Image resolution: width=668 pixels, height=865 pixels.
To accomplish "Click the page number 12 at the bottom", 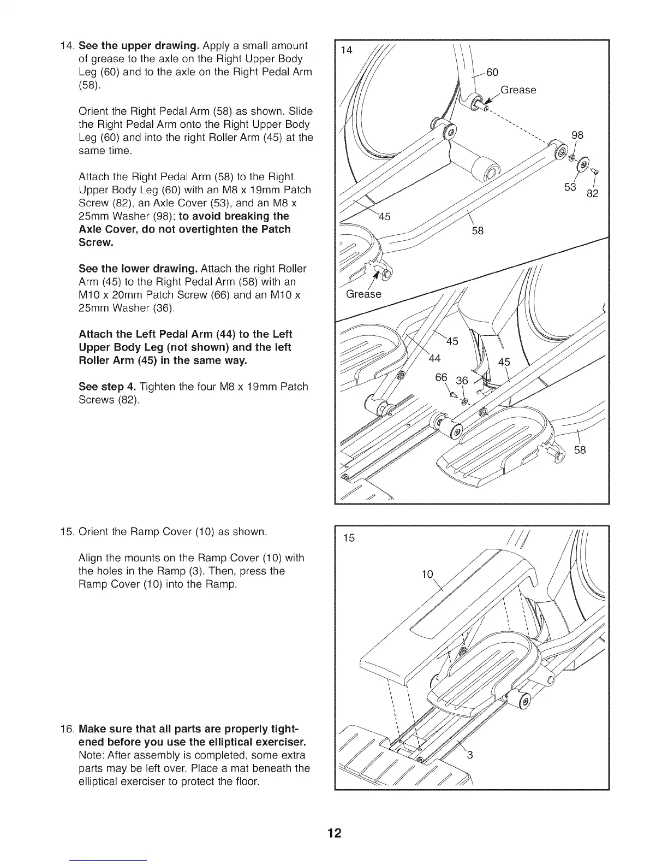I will pyautogui.click(x=334, y=833).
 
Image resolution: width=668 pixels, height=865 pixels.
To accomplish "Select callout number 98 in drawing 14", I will pyautogui.click(x=577, y=135).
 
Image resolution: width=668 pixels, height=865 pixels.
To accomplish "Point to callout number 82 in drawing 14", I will pyautogui.click(x=592, y=194).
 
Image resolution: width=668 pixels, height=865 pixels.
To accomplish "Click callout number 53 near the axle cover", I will pyautogui.click(x=571, y=188).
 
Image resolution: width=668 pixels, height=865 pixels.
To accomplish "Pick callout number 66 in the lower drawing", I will pyautogui.click(x=441, y=378).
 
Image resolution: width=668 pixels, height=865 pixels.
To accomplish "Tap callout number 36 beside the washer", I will pyautogui.click(x=462, y=381).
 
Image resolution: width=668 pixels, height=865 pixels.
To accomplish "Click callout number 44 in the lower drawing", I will pyautogui.click(x=434, y=359).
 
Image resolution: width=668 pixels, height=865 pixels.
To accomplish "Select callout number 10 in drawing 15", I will pyautogui.click(x=427, y=574).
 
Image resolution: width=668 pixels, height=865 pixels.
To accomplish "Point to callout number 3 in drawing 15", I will pyautogui.click(x=469, y=756).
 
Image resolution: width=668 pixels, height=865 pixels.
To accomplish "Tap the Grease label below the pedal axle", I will pyautogui.click(x=364, y=294).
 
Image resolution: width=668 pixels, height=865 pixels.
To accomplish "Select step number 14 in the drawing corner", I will pyautogui.click(x=346, y=51).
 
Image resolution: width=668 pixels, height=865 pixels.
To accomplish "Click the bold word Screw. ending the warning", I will pyautogui.click(x=96, y=242).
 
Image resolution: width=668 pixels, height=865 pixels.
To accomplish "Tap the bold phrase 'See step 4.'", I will pyautogui.click(x=107, y=387).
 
